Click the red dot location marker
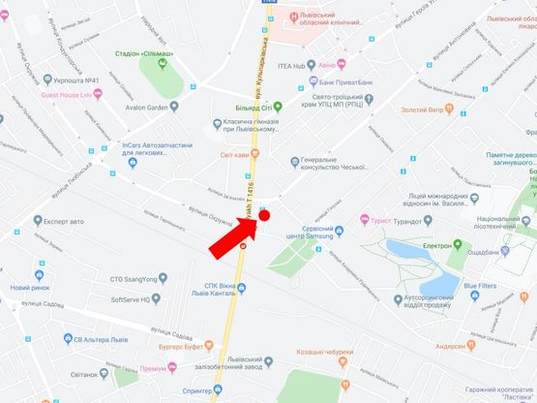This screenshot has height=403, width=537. (x=263, y=215)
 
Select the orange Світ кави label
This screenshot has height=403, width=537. (x=235, y=155)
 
